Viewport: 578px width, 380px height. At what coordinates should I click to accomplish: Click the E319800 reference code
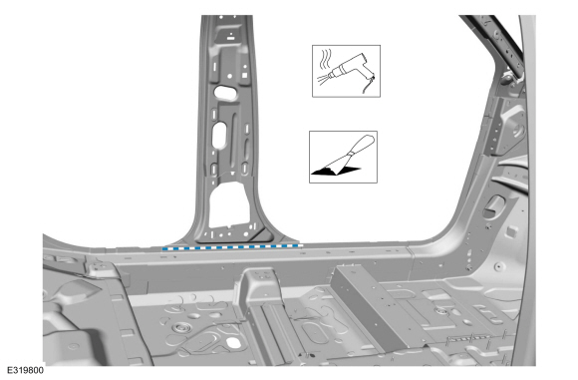[x=25, y=370]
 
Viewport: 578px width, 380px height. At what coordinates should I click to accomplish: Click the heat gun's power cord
[x=369, y=86]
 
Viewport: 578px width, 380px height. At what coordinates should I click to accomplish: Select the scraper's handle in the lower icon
[x=363, y=145]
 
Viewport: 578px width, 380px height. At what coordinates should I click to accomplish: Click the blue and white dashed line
[x=232, y=246]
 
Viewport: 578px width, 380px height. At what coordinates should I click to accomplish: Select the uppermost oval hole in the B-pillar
[x=225, y=92]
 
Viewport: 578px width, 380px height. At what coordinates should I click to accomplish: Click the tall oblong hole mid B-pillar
[x=219, y=135]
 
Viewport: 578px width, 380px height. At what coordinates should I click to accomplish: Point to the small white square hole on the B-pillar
[x=244, y=75]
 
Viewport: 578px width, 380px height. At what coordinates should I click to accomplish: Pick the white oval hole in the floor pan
[x=233, y=342]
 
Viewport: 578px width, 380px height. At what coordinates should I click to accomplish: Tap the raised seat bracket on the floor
[x=259, y=284]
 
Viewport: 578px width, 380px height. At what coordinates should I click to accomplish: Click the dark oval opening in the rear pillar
[x=494, y=207]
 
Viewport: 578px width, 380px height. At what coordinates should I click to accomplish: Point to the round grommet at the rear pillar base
[x=498, y=266]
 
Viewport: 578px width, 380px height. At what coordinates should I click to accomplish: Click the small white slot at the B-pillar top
[x=231, y=38]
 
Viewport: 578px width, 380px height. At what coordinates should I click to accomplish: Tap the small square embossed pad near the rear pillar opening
[x=511, y=231]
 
